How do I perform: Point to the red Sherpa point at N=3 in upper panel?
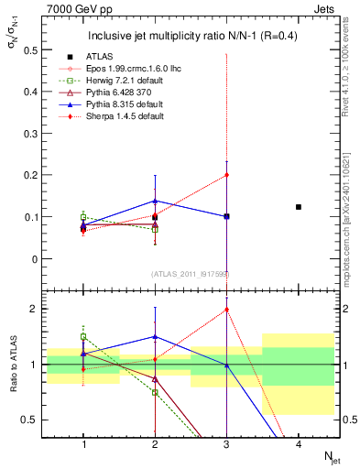coord(226,175)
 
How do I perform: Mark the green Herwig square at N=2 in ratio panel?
coord(155,392)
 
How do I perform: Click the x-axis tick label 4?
coord(299,444)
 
